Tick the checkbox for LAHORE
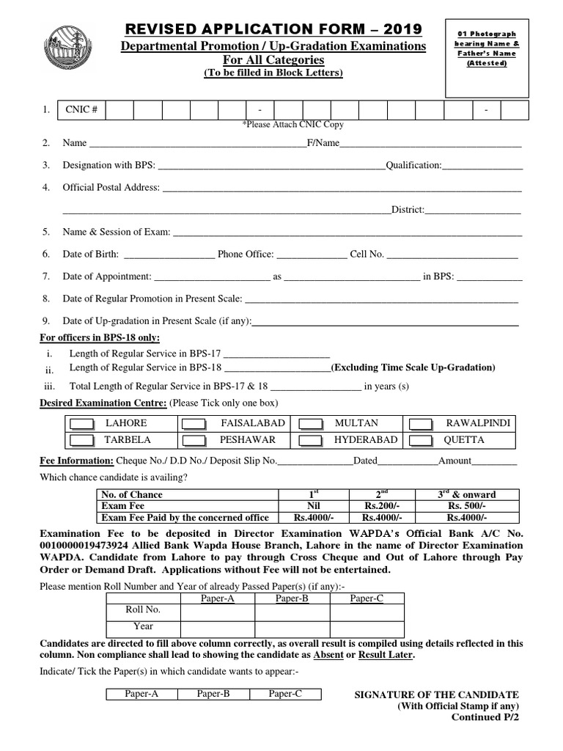pyautogui.click(x=81, y=424)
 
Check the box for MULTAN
pyautogui.click(x=311, y=424)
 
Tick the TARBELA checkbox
pyautogui.click(x=81, y=440)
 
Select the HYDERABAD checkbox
pyautogui.click(x=311, y=440)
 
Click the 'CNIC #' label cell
pyautogui.click(x=83, y=110)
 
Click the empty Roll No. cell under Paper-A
pyautogui.click(x=217, y=610)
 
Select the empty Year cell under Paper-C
pyautogui.click(x=367, y=627)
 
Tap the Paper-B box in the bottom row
pyautogui.click(x=213, y=694)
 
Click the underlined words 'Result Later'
pyautogui.click(x=386, y=655)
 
